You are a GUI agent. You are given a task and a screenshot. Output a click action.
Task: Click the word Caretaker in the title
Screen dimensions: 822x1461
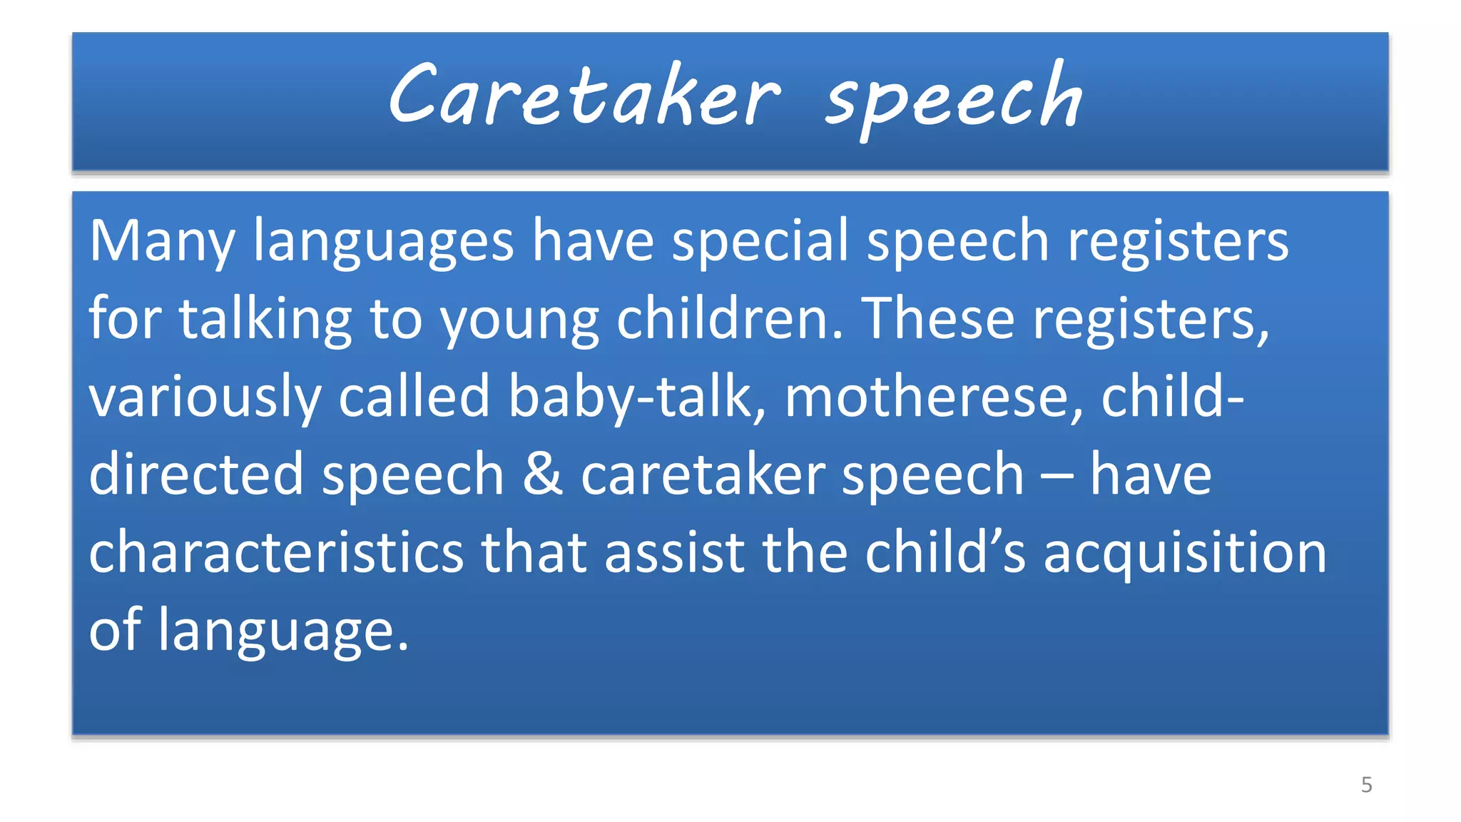584,96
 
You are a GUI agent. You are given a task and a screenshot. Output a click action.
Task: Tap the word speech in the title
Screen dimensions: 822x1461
954,100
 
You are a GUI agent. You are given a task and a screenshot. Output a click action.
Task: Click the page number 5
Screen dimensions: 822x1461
1366,785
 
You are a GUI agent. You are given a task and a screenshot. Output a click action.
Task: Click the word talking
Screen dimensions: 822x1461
265,319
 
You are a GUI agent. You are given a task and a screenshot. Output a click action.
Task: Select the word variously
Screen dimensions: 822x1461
205,397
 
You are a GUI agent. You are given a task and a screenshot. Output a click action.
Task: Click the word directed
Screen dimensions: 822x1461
196,475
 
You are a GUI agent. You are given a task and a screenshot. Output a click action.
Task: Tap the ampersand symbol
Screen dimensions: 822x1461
542,475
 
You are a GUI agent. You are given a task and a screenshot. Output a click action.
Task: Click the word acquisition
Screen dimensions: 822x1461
1185,554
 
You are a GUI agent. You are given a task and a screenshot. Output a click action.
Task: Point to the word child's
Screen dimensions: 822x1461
945,552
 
